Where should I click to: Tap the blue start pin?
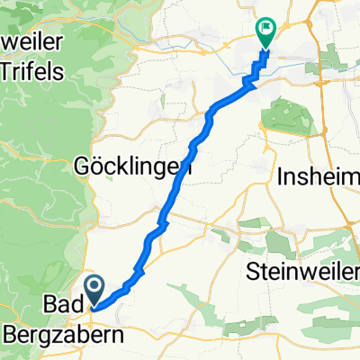(x=94, y=291)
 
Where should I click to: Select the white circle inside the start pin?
(x=94, y=288)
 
